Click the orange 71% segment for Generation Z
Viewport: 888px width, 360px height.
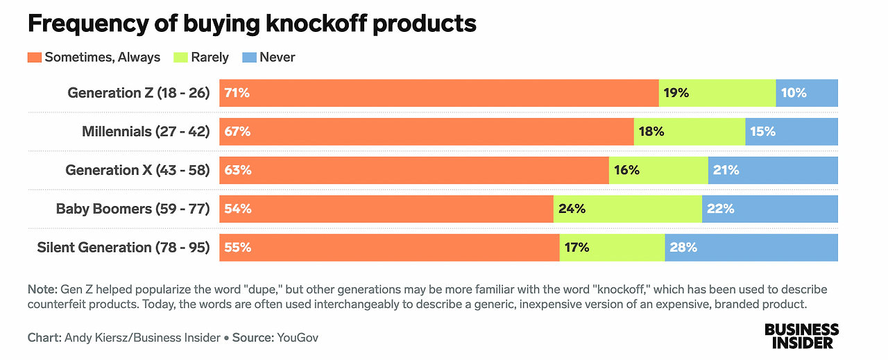[438, 93]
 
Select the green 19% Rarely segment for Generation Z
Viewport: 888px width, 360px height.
[717, 93]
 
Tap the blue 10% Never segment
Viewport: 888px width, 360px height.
[807, 93]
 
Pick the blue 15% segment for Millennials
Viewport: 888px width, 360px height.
[792, 132]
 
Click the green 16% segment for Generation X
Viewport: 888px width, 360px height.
[658, 170]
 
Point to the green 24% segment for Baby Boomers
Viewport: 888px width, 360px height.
[627, 209]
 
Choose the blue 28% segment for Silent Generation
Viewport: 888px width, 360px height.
[751, 248]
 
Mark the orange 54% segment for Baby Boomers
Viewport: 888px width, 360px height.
[386, 209]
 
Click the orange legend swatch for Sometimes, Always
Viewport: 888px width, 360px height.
[34, 58]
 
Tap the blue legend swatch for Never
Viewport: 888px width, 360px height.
[248, 58]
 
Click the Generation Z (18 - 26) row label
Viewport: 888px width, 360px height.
[138, 93]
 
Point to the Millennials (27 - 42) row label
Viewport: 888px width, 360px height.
[146, 132]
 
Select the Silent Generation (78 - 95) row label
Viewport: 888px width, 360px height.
[123, 248]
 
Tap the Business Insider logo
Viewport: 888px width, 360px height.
[801, 336]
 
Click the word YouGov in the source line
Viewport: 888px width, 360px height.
[298, 338]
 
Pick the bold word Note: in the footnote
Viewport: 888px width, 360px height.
[43, 289]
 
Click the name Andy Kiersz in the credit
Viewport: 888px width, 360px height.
[94, 338]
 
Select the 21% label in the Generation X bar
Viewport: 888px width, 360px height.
[725, 170]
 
